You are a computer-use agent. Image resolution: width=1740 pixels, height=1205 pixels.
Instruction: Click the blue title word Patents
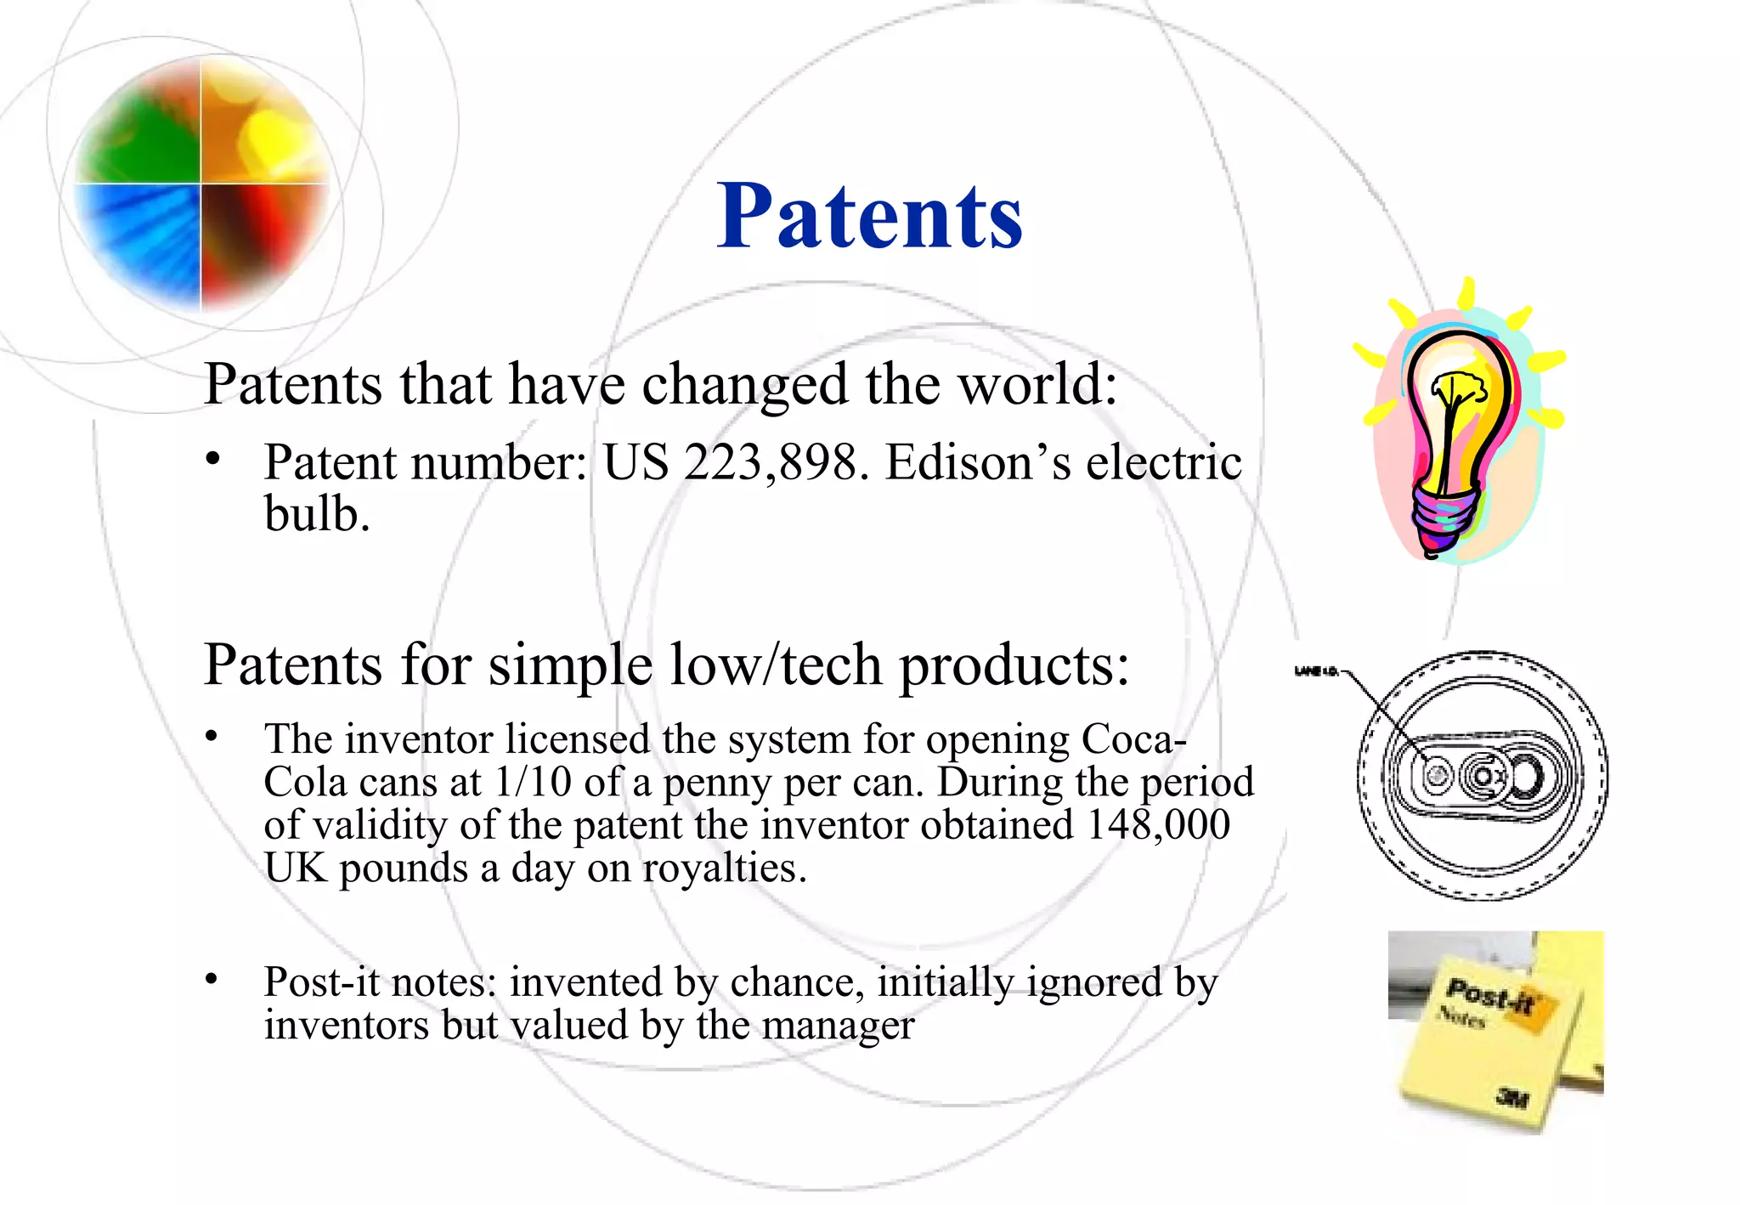869,218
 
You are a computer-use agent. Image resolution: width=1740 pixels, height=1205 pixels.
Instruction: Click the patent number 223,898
770,464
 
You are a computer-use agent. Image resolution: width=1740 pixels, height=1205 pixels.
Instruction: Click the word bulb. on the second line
316,515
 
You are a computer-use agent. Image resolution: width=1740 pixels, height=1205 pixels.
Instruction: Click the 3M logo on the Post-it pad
1512,1099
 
